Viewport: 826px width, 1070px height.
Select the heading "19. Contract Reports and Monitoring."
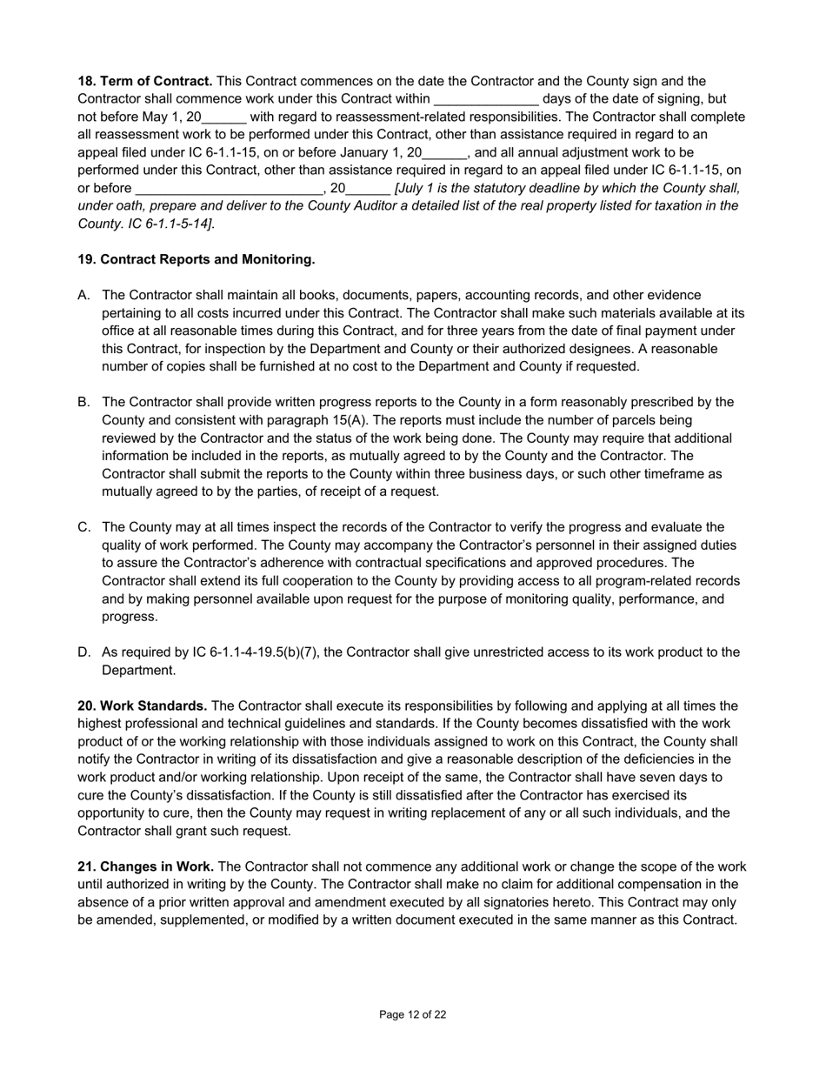(197, 259)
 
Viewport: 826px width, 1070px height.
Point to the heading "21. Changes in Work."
(146, 866)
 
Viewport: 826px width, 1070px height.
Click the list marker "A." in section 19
(84, 295)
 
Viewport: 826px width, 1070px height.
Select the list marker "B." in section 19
(84, 402)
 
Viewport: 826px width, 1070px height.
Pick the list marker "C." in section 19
(84, 527)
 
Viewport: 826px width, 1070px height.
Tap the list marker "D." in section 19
(84, 652)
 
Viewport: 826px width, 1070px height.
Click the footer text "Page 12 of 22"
(413, 1014)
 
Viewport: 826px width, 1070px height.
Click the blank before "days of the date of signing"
(486, 100)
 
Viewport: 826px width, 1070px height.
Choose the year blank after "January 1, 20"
(444, 153)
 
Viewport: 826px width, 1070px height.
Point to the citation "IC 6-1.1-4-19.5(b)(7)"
(210, 652)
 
